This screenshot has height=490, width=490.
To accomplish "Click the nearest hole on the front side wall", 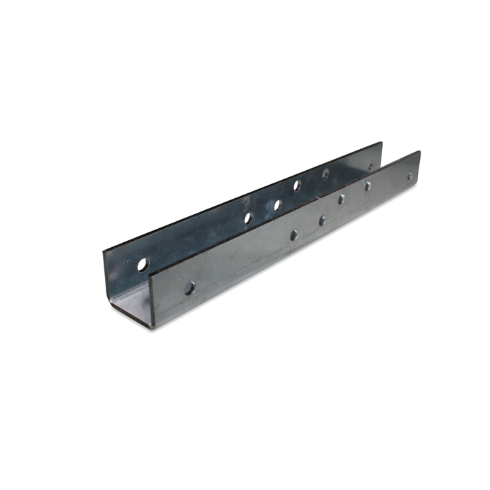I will [x=189, y=286].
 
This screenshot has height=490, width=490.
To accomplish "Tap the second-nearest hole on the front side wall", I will [x=293, y=234].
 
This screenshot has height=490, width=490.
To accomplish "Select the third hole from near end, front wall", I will [x=322, y=220].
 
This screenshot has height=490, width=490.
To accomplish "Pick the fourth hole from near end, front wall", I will [x=342, y=199].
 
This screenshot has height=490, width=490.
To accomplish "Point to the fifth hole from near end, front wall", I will [x=367, y=186].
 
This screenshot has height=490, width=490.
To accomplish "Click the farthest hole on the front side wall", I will [x=410, y=176].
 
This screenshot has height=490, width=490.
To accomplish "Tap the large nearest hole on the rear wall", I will [x=143, y=265].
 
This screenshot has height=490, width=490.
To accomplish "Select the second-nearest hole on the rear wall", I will [x=248, y=218].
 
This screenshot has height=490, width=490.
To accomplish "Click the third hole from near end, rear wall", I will [x=277, y=205].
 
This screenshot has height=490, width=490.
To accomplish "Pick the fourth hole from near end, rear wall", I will [x=297, y=185].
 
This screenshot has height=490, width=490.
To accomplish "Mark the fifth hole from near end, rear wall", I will [x=325, y=172].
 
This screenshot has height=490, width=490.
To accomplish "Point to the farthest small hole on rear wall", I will [x=371, y=167].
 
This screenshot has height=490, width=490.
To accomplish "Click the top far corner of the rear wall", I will [x=382, y=143].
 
